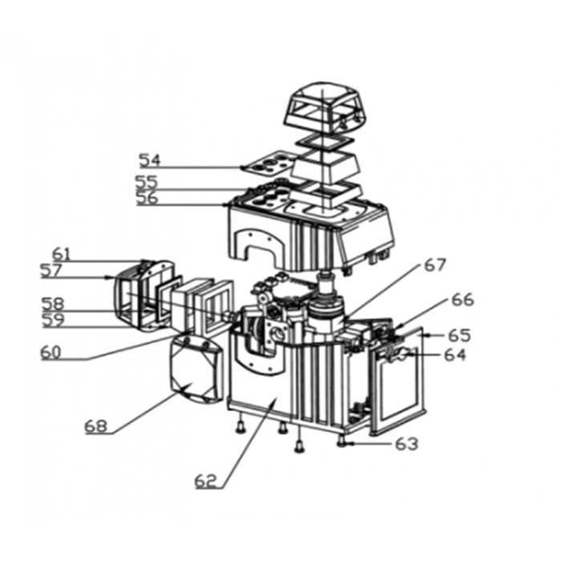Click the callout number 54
[x=150, y=160]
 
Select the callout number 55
[x=147, y=182]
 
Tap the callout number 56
[x=147, y=198]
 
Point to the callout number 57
[x=51, y=271]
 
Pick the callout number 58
[x=53, y=305]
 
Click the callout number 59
[x=54, y=321]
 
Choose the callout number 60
[x=50, y=353]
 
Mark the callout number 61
[x=62, y=254]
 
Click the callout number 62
[x=206, y=481]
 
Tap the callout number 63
[x=407, y=444]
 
